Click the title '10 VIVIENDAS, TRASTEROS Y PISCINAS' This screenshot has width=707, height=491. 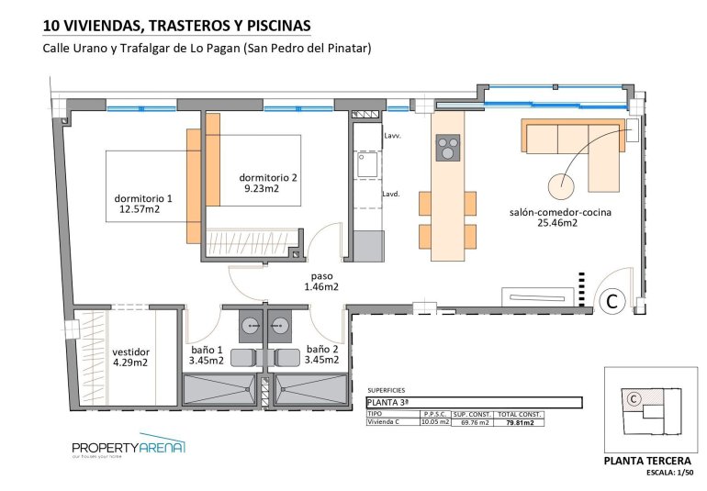point(176,25)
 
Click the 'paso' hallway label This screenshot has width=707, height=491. point(321,275)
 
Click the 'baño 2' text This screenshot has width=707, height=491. point(323,350)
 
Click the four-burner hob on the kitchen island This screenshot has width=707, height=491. point(447,148)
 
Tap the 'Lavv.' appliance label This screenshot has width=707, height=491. point(392,135)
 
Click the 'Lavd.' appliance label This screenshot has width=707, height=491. point(391,194)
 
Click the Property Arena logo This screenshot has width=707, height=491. point(129,448)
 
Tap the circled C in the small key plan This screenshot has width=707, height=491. point(633,399)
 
